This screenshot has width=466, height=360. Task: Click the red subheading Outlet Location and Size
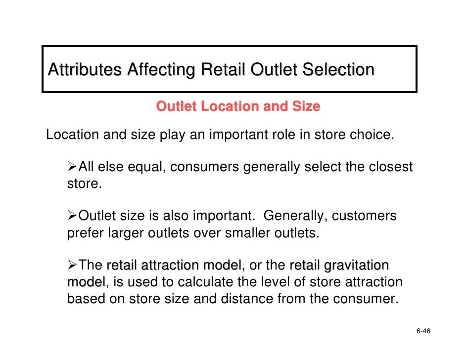point(238,106)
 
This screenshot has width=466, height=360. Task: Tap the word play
point(171,135)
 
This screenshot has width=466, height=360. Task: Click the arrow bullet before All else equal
point(72,167)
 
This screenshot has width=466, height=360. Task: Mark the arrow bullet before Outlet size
point(72,217)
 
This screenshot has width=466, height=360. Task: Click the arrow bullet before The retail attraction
point(72,266)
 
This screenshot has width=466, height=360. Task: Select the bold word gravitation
point(356,266)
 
